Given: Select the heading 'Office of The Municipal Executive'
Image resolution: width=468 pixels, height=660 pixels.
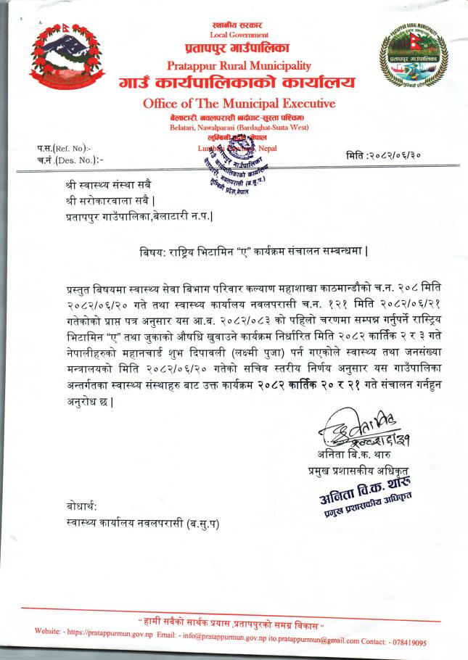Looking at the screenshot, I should [x=239, y=104].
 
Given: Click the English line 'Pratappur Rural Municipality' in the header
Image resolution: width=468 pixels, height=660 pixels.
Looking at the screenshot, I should [x=238, y=66].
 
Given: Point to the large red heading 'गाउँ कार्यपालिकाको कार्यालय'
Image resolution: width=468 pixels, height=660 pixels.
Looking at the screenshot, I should [x=238, y=84].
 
